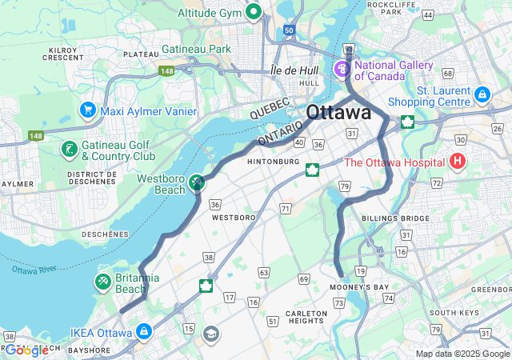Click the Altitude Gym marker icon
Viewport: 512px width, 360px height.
coord(254,11)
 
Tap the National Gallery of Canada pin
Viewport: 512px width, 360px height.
coord(342,70)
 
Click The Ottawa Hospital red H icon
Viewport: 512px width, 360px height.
coord(458,162)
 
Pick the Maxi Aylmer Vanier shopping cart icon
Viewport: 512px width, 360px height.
coord(87,110)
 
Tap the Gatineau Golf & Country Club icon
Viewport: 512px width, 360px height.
coord(70,150)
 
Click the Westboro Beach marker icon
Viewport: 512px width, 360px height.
coord(197,184)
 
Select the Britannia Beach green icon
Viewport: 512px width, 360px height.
coord(103,282)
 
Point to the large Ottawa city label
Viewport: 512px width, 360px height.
coord(338,112)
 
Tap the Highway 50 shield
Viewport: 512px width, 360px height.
coord(288,30)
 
